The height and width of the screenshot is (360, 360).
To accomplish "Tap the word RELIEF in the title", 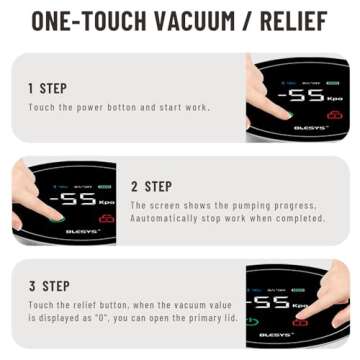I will (295, 23).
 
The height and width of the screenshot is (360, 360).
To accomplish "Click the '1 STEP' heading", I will (48, 88).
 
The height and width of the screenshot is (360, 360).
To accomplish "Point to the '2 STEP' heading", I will (151, 186).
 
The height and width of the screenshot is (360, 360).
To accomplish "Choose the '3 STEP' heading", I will (48, 285).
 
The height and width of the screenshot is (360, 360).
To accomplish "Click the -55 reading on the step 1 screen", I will (301, 96).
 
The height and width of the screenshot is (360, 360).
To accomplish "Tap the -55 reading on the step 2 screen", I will (70, 198).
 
